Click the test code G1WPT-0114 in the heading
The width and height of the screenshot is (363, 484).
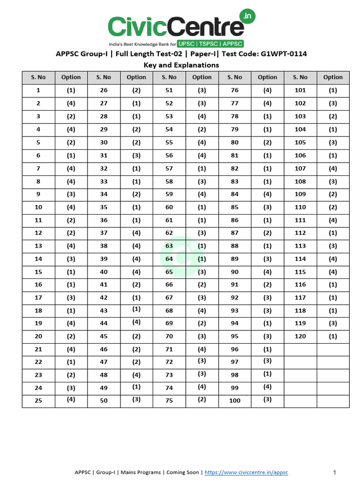click(x=284, y=54)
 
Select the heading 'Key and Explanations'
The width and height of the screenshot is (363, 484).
click(x=181, y=65)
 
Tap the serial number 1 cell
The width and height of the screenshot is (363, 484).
click(x=38, y=90)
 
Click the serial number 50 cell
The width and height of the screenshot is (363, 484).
click(x=104, y=400)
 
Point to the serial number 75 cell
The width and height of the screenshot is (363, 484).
click(x=169, y=400)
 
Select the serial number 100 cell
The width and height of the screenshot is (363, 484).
click(x=234, y=400)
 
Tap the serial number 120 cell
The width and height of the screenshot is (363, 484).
click(x=300, y=337)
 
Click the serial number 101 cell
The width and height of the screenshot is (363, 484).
click(x=300, y=90)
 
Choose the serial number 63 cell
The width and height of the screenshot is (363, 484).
click(x=169, y=246)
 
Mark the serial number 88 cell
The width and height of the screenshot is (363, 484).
click(x=234, y=246)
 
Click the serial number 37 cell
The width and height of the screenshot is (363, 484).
click(x=104, y=233)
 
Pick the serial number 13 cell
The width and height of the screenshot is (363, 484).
click(x=38, y=246)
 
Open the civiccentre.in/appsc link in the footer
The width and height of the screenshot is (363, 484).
click(x=246, y=472)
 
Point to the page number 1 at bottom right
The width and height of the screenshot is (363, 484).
click(x=334, y=472)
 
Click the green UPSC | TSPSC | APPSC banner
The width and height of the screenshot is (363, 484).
click(x=210, y=43)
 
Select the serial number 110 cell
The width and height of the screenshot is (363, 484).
click(x=300, y=207)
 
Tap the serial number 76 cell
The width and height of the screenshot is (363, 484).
click(x=234, y=90)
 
